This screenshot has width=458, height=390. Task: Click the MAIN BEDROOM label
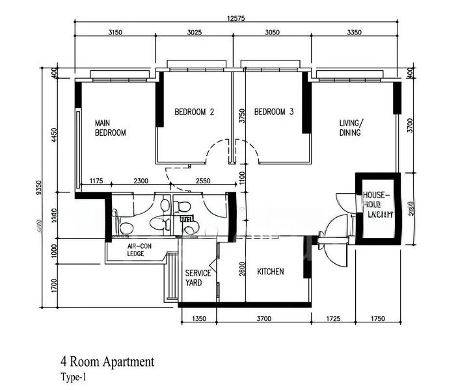110,127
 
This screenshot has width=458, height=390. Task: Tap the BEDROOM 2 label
194,112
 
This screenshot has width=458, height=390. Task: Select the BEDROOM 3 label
274,112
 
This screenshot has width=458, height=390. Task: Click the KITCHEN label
270,272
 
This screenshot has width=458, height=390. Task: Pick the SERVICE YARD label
198,278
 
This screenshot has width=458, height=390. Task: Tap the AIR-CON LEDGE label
140,250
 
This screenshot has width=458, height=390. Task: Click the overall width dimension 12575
236,18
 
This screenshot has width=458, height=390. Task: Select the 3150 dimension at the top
115,32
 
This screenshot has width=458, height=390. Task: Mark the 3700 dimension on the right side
409,125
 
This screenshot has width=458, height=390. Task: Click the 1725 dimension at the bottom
332,319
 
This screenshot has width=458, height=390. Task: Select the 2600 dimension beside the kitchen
241,268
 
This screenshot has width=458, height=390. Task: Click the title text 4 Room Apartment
107,362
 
